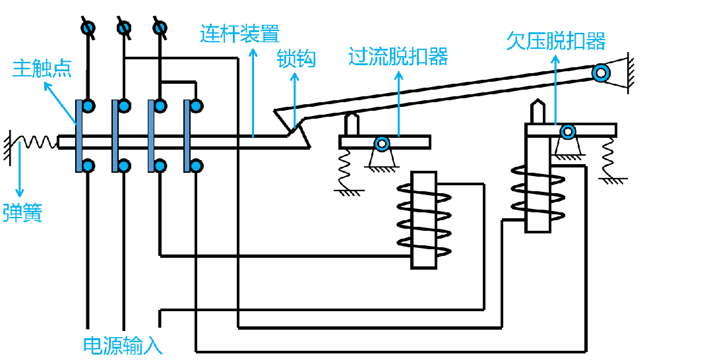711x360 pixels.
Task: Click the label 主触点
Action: tap(42, 68)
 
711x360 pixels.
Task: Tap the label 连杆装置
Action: tap(239, 34)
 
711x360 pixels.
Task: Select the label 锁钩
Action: tap(296, 59)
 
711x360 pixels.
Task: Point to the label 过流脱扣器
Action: tap(398, 57)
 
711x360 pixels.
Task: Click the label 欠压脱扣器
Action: tap(555, 41)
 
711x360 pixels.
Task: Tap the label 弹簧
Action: tap(22, 213)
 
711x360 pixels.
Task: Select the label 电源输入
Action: tap(123, 345)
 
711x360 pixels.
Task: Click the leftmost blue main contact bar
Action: tap(79, 136)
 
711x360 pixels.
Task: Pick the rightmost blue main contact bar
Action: tap(187, 136)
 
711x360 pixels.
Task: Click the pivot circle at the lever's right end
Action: tap(600, 73)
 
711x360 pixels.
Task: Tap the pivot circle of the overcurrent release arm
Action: tap(381, 142)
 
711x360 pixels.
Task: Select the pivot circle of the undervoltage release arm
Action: tap(567, 132)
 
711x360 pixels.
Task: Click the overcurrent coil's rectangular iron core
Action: tap(423, 220)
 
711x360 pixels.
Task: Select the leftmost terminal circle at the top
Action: tap(87, 28)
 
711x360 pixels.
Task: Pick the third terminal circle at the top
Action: tap(160, 28)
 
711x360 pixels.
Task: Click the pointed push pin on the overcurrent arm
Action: tap(352, 123)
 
